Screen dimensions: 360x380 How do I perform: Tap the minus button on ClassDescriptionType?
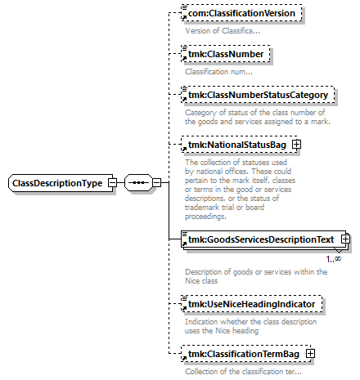coord(112,182)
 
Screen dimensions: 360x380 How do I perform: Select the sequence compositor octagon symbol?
coord(138,182)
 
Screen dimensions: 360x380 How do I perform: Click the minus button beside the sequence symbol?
coord(156,182)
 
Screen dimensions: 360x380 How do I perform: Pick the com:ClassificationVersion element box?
coord(241,13)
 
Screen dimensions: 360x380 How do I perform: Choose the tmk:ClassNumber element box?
coord(226,54)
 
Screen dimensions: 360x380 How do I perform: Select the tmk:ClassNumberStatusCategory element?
coord(258,95)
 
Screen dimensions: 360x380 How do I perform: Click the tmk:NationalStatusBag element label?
coord(237,145)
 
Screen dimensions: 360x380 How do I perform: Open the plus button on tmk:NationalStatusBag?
coord(296,145)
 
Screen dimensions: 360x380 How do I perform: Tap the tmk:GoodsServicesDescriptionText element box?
coord(263,239)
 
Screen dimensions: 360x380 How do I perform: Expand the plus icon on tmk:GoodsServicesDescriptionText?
coord(345,239)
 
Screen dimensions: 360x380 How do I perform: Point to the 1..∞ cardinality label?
coord(334,259)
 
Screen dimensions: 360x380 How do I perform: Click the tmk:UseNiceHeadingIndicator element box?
coord(251,304)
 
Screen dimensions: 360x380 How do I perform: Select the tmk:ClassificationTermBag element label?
coord(244,354)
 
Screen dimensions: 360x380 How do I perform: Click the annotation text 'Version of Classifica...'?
coord(223,31)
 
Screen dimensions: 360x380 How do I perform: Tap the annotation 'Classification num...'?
coord(218,72)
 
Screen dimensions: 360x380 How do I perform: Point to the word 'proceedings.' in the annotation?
coord(205,217)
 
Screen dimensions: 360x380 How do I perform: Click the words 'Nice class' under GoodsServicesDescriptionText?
coord(201,281)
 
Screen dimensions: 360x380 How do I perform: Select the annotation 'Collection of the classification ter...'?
coord(243,372)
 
